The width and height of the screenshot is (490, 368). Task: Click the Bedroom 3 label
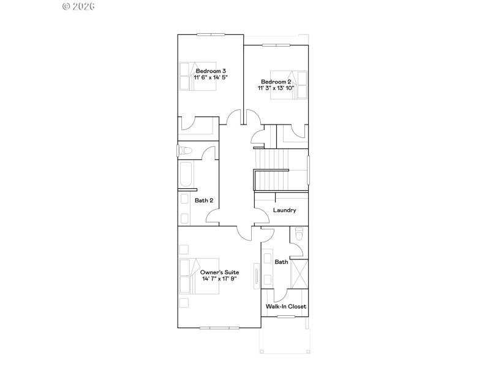[x=206, y=71]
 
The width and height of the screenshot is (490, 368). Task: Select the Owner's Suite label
[x=219, y=272]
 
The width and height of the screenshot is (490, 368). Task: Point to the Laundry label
[x=285, y=210]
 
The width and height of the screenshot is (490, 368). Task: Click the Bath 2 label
[x=204, y=201]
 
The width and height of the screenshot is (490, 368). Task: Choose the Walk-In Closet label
[x=285, y=306]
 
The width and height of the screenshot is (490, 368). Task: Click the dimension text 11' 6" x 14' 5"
[x=206, y=78]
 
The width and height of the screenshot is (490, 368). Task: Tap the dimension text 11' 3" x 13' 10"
[x=276, y=88]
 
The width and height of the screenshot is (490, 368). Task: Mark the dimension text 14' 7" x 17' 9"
[x=219, y=278]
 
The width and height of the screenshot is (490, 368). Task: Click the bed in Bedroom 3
[x=197, y=76]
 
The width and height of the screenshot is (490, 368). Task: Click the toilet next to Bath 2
[x=184, y=151]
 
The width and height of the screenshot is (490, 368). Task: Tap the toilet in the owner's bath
[x=299, y=234]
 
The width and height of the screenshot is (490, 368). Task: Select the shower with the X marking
[x=299, y=274]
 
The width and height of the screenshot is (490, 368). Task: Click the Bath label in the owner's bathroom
[x=281, y=262]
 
